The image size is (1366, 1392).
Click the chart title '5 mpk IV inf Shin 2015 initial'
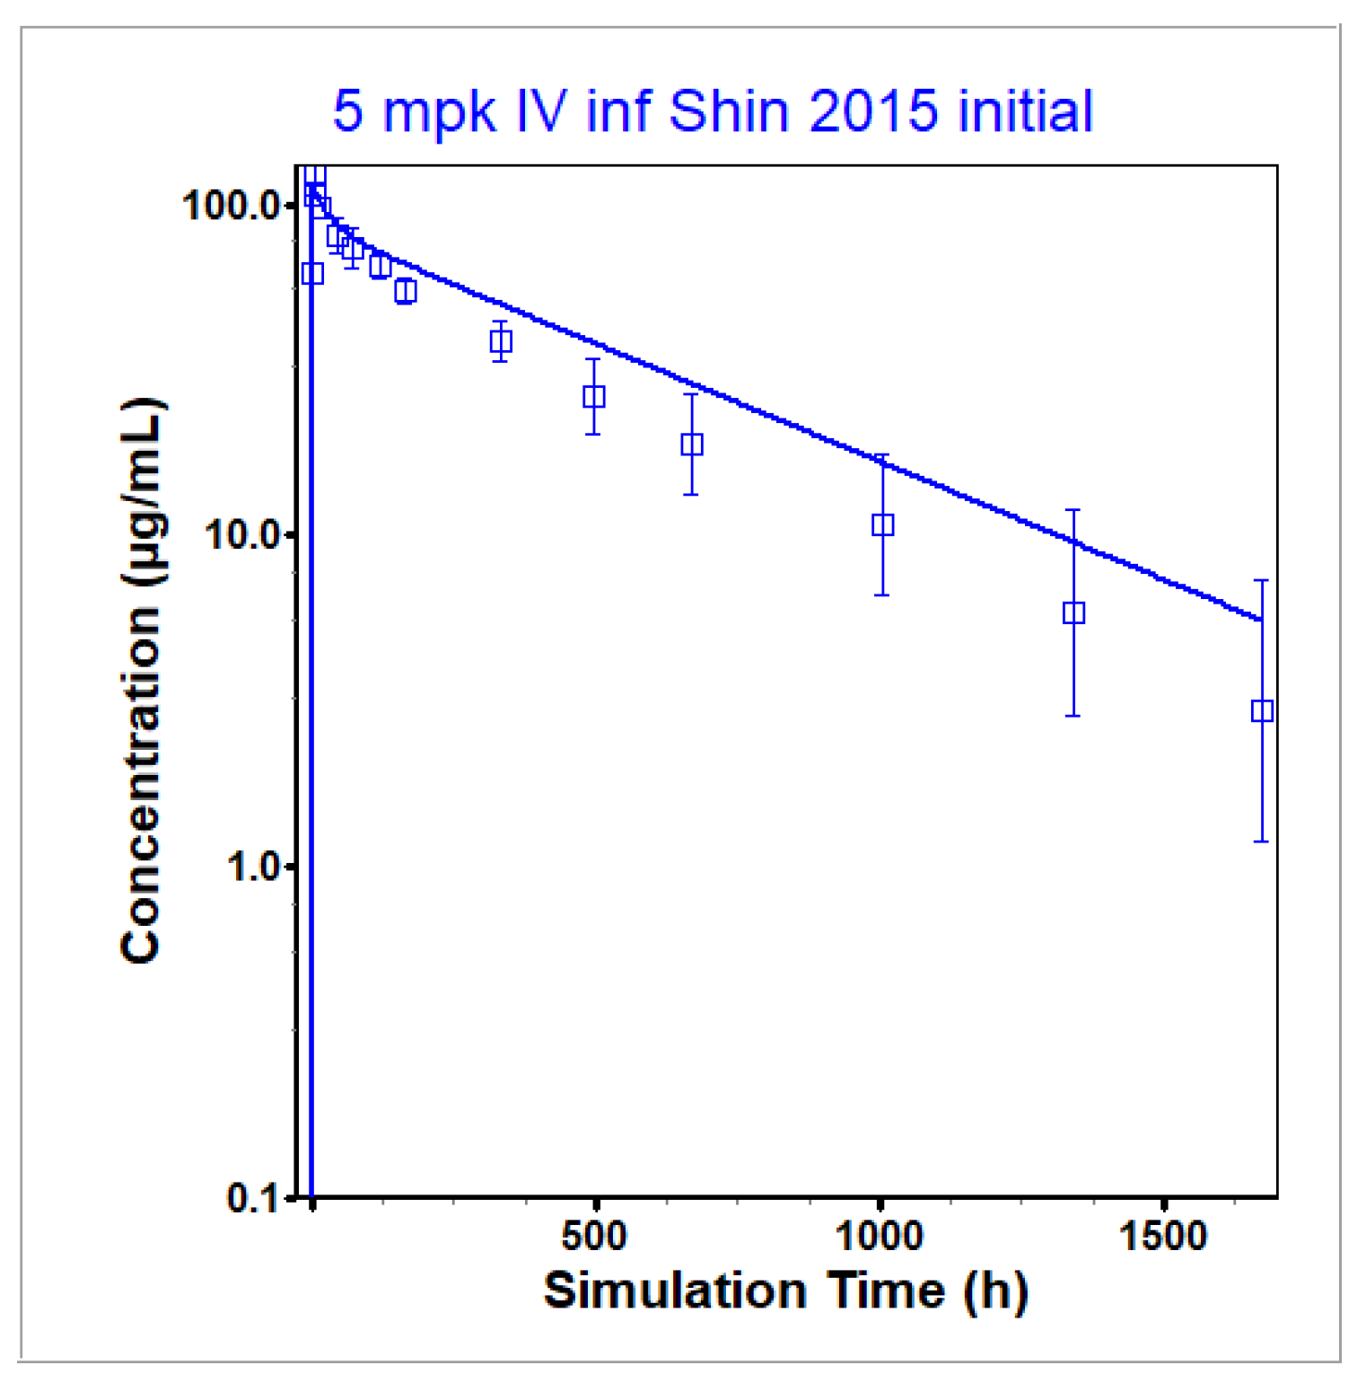(713, 111)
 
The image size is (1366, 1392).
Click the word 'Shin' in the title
(728, 111)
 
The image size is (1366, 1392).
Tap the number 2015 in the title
(873, 111)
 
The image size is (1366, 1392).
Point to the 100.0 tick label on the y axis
(232, 206)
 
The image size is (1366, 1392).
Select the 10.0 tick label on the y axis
(242, 535)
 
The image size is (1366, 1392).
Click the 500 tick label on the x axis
(594, 1237)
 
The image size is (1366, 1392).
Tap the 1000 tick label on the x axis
(879, 1237)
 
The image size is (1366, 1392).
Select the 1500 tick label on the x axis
(1163, 1237)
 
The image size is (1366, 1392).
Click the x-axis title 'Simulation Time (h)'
(785, 1291)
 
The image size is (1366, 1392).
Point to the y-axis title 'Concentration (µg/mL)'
(142, 681)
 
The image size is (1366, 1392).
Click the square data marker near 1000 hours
(882, 524)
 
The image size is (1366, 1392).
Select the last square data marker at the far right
(1262, 711)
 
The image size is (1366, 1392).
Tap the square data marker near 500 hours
(593, 396)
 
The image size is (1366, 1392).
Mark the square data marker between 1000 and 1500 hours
(1073, 612)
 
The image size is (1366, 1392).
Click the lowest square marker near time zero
(312, 273)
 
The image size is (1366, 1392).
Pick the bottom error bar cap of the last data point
(1261, 841)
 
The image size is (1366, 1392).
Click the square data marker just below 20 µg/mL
(691, 444)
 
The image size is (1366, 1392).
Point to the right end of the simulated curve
(1261, 619)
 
